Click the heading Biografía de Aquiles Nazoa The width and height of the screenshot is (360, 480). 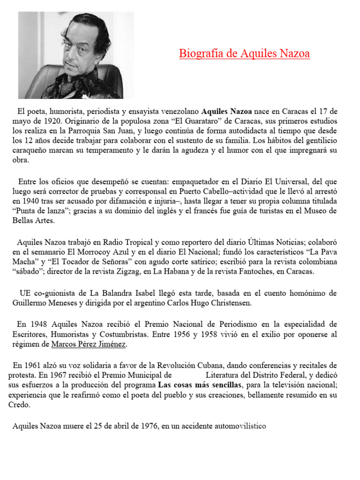click(244, 54)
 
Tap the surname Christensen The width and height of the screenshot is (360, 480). click(228, 303)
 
